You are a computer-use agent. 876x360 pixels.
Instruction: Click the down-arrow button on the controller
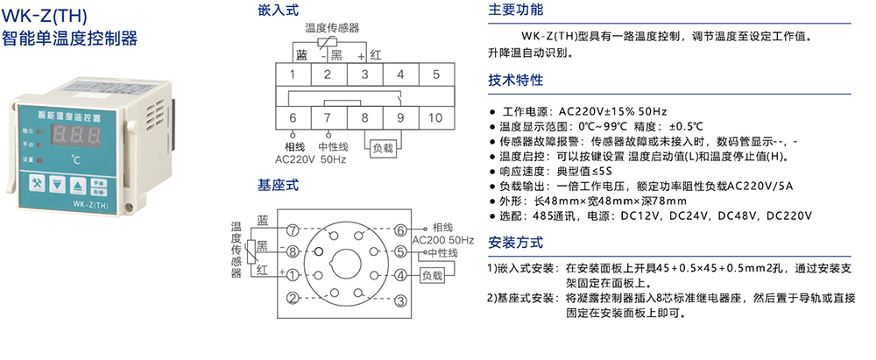point(58,184)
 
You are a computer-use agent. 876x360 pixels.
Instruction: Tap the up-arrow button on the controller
point(78,184)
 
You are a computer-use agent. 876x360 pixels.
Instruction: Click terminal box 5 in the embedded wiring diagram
point(435,74)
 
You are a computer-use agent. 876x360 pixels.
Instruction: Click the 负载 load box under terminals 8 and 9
point(383,148)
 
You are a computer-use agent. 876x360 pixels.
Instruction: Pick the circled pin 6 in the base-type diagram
point(399,230)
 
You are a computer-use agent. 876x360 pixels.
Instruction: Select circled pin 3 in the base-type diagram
point(399,299)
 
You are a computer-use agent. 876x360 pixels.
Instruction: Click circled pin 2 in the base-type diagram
point(292,299)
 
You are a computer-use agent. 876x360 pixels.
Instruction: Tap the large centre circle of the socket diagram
point(345,264)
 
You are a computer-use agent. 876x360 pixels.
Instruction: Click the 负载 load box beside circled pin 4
point(432,276)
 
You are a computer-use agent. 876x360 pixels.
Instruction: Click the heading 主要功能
point(516,11)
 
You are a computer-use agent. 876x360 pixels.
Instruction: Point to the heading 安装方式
point(516,243)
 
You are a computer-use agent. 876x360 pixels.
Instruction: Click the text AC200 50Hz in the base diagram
point(442,240)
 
